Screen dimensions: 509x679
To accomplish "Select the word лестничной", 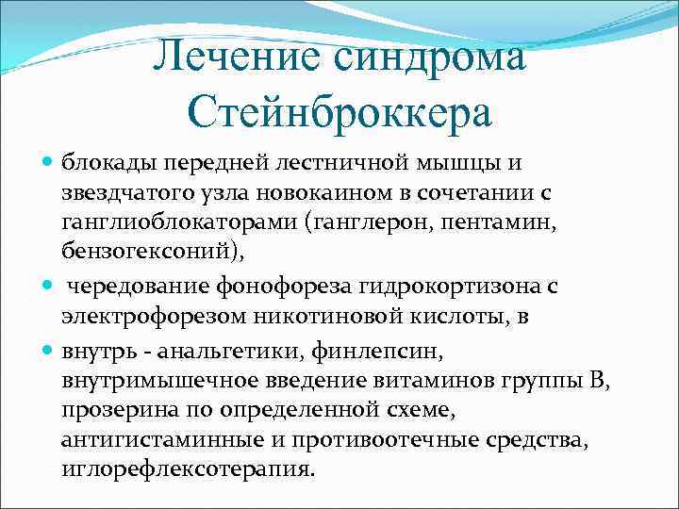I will (346, 163).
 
